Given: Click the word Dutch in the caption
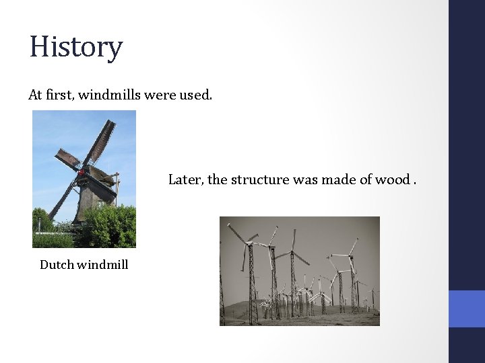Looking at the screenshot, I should [57, 264].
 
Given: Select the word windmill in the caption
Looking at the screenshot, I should [102, 264].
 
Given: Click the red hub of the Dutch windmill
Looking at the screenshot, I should [82, 172].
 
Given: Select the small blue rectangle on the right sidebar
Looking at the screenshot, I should [466, 309].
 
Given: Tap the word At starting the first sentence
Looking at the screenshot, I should [35, 95].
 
